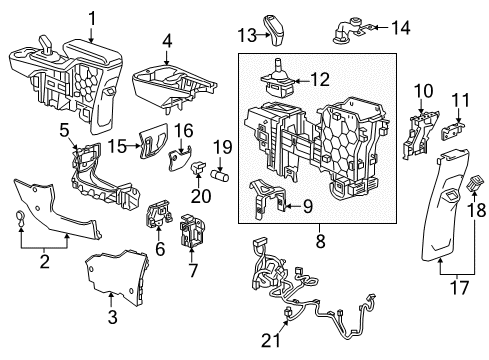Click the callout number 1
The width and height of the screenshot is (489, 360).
[x=93, y=17]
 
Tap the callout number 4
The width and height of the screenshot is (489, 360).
[x=168, y=42]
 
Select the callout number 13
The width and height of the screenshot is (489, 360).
[x=247, y=36]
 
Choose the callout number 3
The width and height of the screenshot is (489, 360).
[x=111, y=318]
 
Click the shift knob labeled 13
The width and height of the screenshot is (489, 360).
[x=276, y=28]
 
